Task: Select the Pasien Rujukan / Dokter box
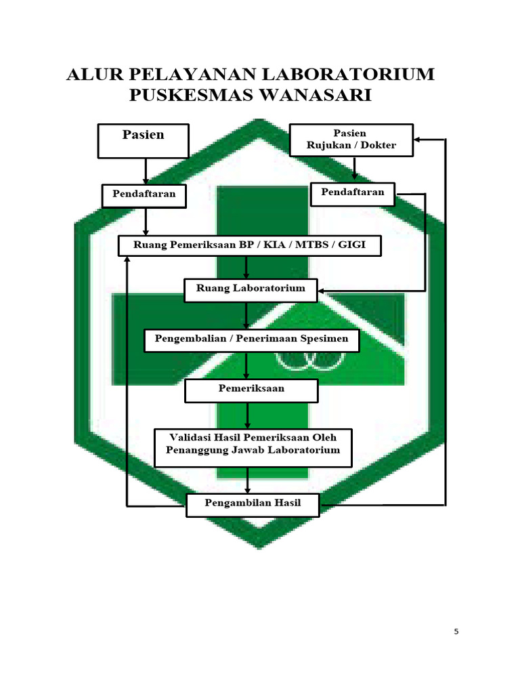coord(351,140)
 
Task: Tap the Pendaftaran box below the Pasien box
coord(144,195)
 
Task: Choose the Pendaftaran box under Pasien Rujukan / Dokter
coord(352,193)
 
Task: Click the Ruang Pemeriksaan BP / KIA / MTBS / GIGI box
coord(249,245)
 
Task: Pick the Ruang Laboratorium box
coord(251,289)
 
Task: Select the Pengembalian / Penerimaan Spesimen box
coord(251,340)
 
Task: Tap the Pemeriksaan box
coord(251,390)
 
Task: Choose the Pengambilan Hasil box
coord(253,504)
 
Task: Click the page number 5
coord(456,632)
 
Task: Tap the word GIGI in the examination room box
coord(351,245)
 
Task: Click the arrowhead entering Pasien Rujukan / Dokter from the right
coord(418,140)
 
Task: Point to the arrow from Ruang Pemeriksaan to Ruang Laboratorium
coord(247,267)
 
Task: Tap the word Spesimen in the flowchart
coord(324,339)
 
